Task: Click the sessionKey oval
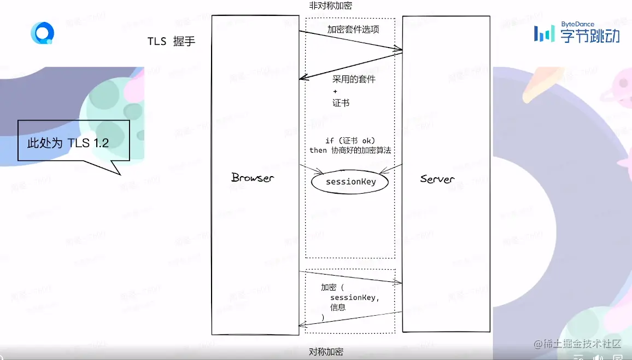(350, 182)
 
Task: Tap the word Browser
(253, 178)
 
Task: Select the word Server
(437, 179)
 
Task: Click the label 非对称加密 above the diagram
(330, 5)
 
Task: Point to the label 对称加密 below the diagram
(326, 352)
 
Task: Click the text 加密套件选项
(353, 30)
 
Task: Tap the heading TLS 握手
(171, 42)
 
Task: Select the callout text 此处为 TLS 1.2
(68, 143)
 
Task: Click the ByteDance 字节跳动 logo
(577, 33)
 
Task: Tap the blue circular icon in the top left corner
(42, 33)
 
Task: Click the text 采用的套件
(354, 79)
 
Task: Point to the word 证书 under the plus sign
(341, 103)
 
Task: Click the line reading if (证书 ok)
(350, 141)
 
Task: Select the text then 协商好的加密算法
(350, 150)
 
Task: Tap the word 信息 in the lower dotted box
(338, 307)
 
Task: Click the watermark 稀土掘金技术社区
(578, 344)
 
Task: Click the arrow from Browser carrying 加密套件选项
(350, 41)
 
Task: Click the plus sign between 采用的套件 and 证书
(335, 91)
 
